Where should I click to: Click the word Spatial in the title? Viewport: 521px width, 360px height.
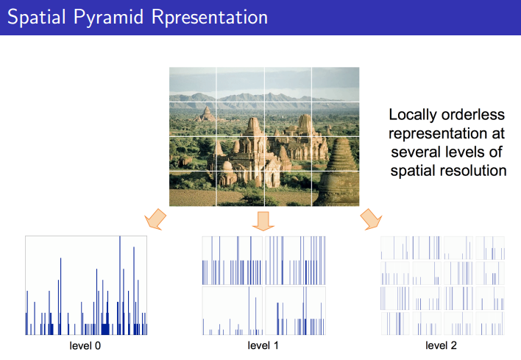tap(37, 17)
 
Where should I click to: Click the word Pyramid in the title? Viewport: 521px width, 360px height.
tap(108, 18)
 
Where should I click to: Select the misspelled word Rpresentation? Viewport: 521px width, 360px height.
tap(209, 17)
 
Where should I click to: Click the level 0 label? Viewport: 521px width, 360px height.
tap(85, 346)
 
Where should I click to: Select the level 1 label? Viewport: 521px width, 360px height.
tap(263, 346)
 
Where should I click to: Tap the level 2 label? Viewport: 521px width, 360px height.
tap(441, 346)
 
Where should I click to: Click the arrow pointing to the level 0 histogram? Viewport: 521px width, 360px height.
tap(155, 219)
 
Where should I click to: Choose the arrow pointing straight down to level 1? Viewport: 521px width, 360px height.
tap(263, 221)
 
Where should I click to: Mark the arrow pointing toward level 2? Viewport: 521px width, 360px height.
tap(371, 219)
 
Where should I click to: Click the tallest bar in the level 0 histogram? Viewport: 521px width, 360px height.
tap(120, 285)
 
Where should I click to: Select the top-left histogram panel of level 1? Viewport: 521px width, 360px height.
tap(232, 261)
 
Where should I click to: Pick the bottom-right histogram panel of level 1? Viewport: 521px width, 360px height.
tap(295, 311)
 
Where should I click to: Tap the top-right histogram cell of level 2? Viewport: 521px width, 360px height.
tap(490, 248)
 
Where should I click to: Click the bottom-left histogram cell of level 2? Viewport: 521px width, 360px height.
tap(395, 323)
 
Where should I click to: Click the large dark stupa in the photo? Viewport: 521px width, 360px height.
tap(339, 172)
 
